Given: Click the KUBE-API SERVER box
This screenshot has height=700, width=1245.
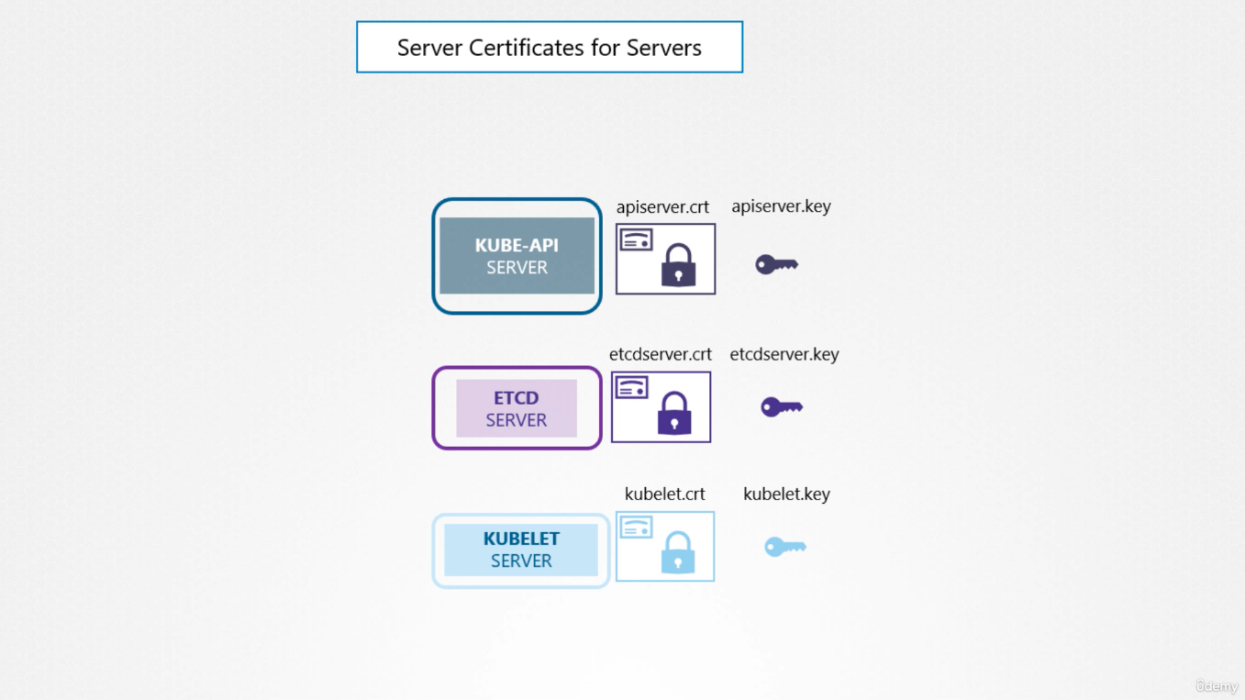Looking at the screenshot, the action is [517, 256].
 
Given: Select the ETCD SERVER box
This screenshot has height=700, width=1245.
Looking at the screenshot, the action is [517, 407].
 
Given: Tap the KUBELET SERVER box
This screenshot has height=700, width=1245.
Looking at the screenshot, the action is [521, 550].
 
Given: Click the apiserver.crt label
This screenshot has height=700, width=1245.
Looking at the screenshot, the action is [662, 207].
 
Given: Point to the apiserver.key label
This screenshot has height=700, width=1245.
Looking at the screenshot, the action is [781, 206].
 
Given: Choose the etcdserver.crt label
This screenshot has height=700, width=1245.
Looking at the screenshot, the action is [661, 354].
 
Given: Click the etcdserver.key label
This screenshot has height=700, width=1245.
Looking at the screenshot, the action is [784, 354].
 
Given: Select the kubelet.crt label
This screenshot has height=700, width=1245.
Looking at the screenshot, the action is [665, 494].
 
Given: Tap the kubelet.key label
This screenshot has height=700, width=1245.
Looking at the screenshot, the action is [786, 494].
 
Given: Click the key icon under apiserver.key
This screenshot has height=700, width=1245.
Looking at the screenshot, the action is [776, 264].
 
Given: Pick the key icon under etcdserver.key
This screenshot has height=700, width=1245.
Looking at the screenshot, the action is [782, 407].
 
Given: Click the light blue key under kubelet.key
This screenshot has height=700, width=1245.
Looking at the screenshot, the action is [784, 547].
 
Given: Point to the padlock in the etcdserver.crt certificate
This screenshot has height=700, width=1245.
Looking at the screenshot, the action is [674, 413].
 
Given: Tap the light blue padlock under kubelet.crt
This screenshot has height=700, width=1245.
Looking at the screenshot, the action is [677, 552].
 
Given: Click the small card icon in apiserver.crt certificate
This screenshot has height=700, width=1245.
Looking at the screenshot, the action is [637, 240].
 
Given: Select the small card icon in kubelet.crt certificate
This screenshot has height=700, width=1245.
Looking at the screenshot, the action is [637, 528].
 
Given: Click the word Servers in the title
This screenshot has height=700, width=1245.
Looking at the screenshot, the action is [664, 48].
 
